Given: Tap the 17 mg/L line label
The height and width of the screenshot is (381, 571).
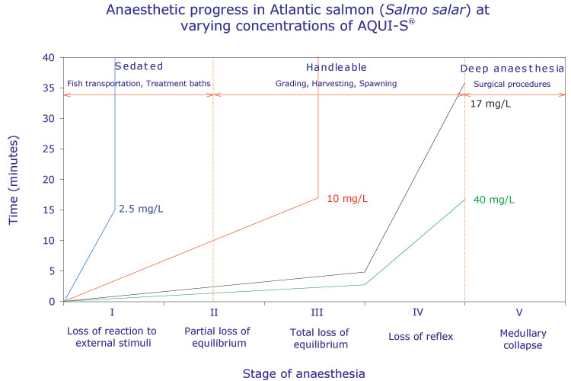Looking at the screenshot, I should coord(491,103).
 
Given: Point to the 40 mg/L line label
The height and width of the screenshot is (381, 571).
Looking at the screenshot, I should coord(493,200).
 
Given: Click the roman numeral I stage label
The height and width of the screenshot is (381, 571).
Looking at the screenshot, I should coord(113,312).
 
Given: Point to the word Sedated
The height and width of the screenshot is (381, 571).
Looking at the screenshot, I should coord(138,66).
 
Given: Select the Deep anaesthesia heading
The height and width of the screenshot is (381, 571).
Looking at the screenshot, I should coord(512,68).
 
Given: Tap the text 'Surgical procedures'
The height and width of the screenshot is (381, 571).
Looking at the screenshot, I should coord(512,83).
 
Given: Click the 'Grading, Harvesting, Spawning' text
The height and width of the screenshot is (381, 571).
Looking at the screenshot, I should coord(337,83).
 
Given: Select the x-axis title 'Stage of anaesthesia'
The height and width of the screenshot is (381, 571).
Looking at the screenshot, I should coord(305,373).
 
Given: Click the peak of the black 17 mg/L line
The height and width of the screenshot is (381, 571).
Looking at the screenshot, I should coord(464,82).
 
